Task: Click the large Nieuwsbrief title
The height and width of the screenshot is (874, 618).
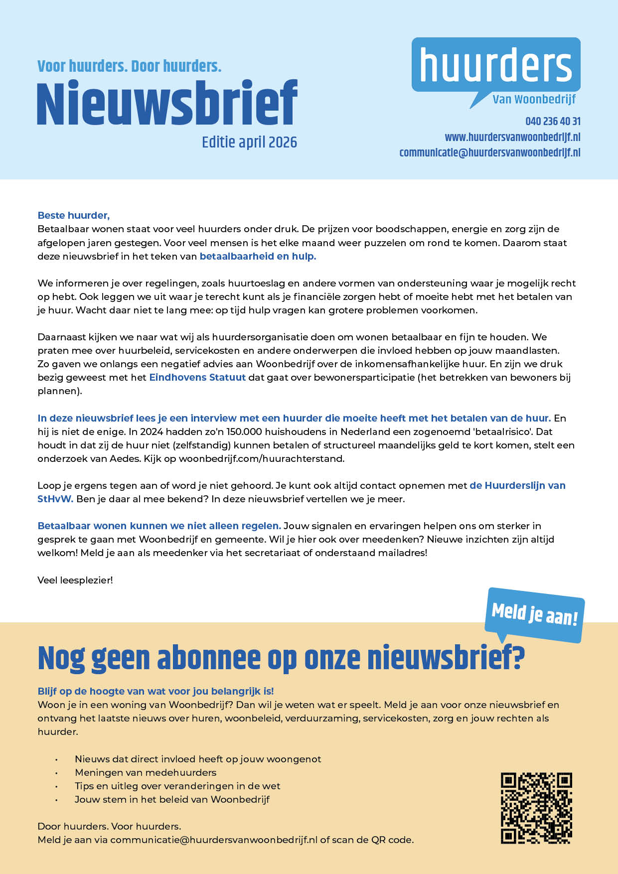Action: coord(167,104)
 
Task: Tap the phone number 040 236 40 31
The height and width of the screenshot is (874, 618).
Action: coord(553,121)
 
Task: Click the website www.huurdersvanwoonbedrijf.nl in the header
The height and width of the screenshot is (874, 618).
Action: coord(512,137)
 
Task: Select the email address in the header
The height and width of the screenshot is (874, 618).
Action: coord(490,152)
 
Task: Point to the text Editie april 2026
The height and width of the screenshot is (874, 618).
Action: coord(249,143)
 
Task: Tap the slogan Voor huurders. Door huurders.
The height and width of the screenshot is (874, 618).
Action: coord(129,66)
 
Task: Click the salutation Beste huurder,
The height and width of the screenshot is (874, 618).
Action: coord(74,215)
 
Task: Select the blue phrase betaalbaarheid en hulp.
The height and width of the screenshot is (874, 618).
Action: coord(258,256)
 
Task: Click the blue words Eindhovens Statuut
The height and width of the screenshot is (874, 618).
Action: coord(197,377)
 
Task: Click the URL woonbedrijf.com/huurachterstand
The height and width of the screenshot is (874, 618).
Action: coord(261,458)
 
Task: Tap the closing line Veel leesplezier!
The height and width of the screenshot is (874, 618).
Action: coord(75,580)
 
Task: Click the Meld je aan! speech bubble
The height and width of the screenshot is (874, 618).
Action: coord(534,615)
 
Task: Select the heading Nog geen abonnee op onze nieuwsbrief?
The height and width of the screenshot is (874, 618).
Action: coord(281,658)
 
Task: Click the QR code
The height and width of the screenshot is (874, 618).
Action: coord(536,808)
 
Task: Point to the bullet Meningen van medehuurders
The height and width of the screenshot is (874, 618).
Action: coord(146,772)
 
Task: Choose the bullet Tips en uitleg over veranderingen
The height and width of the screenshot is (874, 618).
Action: coord(177,786)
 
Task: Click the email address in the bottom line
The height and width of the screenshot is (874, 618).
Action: coord(213,840)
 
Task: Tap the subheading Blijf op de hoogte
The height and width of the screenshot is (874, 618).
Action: coord(155,691)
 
